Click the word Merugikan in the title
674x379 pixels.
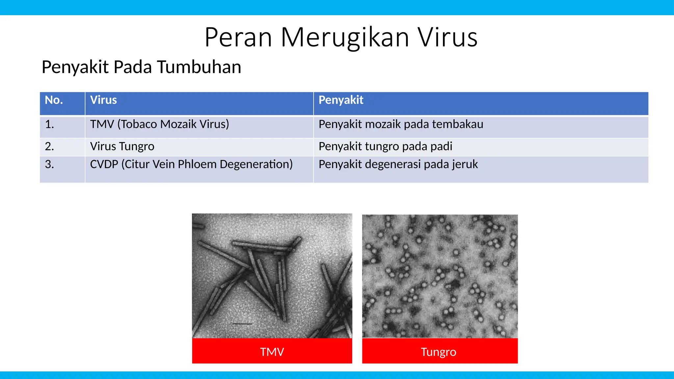tap(345, 37)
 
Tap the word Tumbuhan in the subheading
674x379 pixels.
tap(199, 67)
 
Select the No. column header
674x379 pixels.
tap(54, 100)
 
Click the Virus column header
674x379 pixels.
tap(103, 100)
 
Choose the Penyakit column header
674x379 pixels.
tap(341, 100)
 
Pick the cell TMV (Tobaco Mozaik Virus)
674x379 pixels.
tap(159, 124)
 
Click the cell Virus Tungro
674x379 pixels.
tap(122, 146)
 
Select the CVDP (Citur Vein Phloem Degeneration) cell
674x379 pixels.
tap(191, 164)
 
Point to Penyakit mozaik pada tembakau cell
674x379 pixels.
tap(401, 124)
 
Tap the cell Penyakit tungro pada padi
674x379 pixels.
tap(385, 146)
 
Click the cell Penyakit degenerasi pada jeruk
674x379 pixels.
tap(398, 164)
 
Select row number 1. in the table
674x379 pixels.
tap(49, 124)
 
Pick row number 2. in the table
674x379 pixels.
tap(49, 146)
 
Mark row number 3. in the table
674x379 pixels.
tap(49, 164)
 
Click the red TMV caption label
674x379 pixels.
tap(272, 351)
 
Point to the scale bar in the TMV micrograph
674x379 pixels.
tap(242, 324)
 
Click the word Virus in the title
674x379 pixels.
tap(448, 37)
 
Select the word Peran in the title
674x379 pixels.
tap(238, 37)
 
